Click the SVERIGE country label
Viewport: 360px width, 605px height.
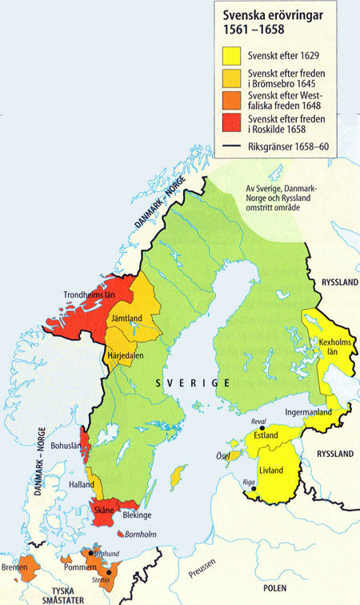193,384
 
